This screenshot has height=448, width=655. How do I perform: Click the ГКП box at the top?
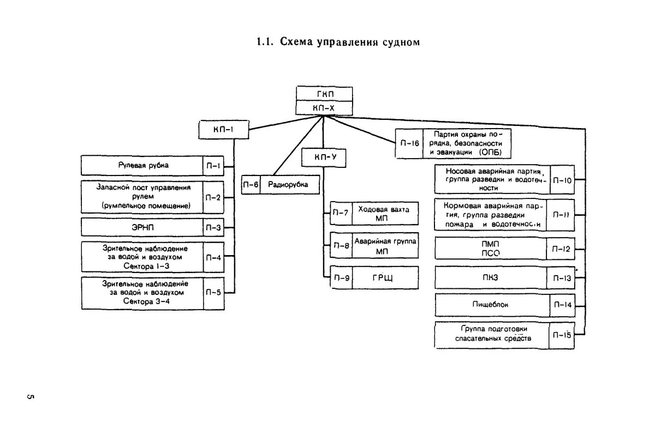pyautogui.click(x=324, y=94)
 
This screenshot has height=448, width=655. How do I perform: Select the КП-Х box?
pyautogui.click(x=324, y=108)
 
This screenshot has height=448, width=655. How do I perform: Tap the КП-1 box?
pyautogui.click(x=224, y=130)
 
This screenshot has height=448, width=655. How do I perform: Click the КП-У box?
pyautogui.click(x=325, y=158)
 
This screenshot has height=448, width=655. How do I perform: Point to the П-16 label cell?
pyautogui.click(x=409, y=143)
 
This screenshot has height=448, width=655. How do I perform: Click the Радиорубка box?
pyautogui.click(x=287, y=185)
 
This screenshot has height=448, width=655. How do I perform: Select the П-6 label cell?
pyautogui.click(x=252, y=185)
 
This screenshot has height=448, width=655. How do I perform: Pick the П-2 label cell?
pyautogui.click(x=213, y=197)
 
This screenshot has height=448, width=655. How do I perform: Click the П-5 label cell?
pyautogui.click(x=213, y=293)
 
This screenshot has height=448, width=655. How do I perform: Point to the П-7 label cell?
pyautogui.click(x=341, y=213)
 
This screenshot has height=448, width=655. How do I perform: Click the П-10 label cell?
pyautogui.click(x=562, y=179)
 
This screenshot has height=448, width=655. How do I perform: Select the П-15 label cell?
pyautogui.click(x=562, y=335)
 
